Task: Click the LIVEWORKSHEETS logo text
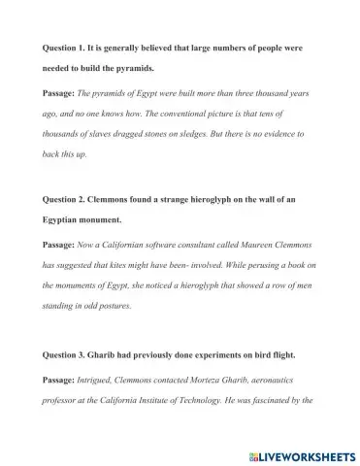[x=304, y=454]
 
